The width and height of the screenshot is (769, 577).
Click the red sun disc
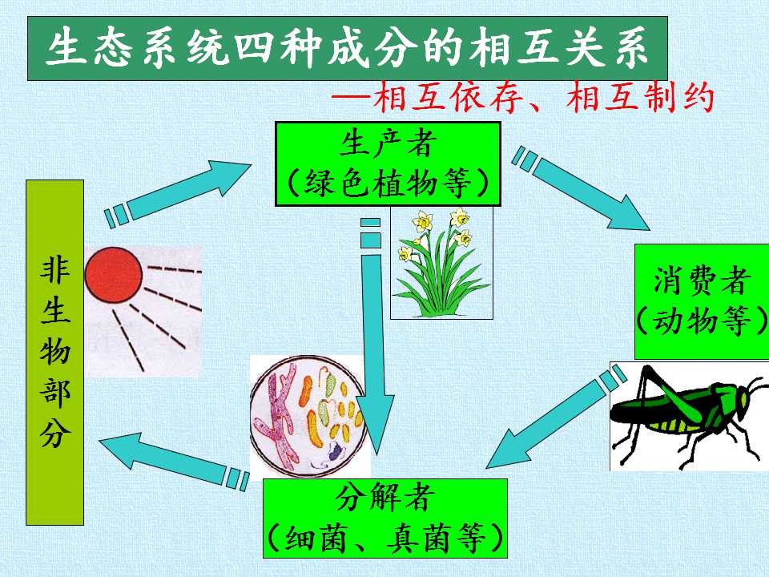(113, 275)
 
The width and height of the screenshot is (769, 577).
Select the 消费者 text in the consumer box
(702, 281)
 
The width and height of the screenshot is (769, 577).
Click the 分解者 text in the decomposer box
(385, 498)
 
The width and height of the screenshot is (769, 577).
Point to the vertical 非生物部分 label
(55, 353)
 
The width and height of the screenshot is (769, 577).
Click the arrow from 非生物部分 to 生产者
(178, 194)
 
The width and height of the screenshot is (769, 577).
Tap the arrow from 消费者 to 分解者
(556, 417)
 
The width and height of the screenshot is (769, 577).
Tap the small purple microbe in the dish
(335, 450)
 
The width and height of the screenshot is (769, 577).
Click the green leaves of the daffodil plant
(441, 284)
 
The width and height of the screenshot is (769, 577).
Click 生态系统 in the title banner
(139, 48)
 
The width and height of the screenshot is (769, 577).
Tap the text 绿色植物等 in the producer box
(388, 184)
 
